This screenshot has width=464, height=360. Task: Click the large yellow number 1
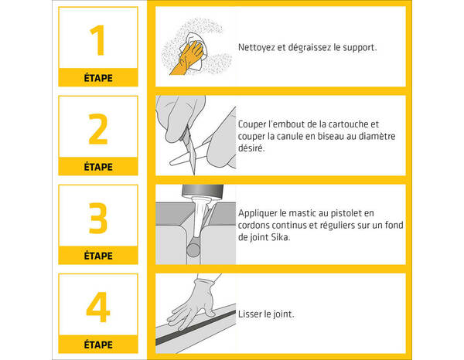tap(98, 40)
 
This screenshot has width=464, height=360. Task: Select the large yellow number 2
tap(98, 129)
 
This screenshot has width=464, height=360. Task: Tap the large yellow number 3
tap(98, 218)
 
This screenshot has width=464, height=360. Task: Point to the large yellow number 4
tap(98, 307)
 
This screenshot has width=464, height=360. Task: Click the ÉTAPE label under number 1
tap(98, 78)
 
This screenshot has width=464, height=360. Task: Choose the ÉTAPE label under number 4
tap(98, 345)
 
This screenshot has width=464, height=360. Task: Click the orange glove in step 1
tap(187, 58)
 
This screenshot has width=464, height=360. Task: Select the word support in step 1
tap(360, 48)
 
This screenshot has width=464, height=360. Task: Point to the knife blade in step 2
tap(191, 151)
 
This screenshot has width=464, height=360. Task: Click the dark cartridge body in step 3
tap(203, 191)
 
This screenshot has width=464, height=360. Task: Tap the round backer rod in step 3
tap(193, 250)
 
